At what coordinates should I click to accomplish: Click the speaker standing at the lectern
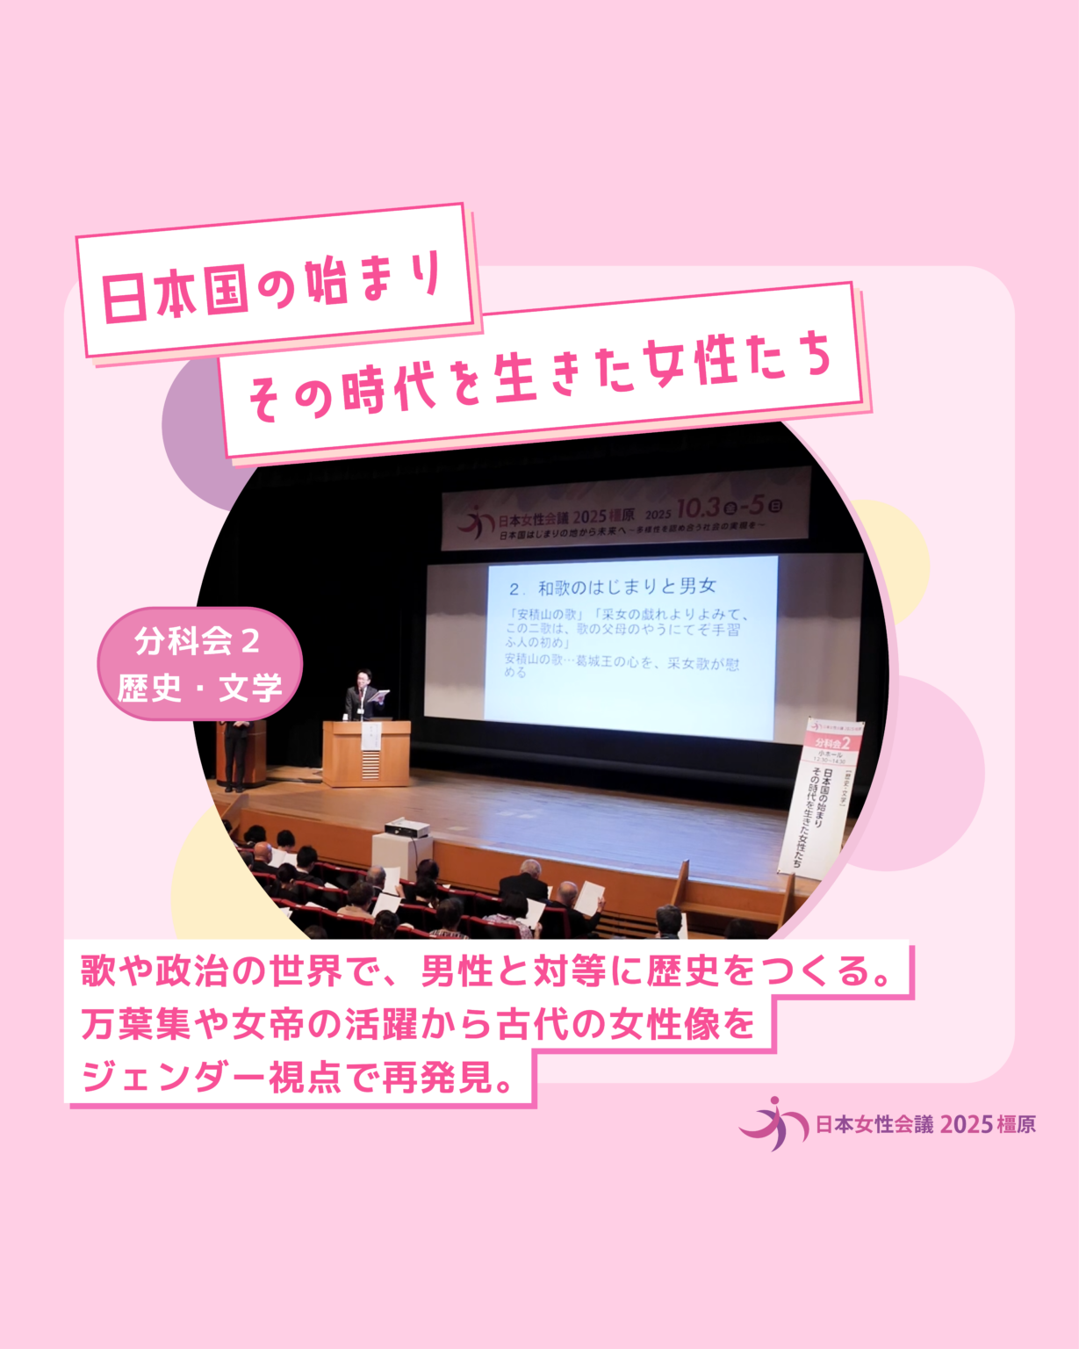[359, 696]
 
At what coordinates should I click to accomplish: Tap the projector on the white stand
[406, 827]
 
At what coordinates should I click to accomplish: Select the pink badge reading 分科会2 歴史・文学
[199, 664]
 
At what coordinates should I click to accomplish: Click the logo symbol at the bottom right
[773, 1123]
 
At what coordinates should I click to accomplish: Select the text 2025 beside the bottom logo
[966, 1124]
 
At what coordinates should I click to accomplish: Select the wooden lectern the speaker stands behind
[366, 754]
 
